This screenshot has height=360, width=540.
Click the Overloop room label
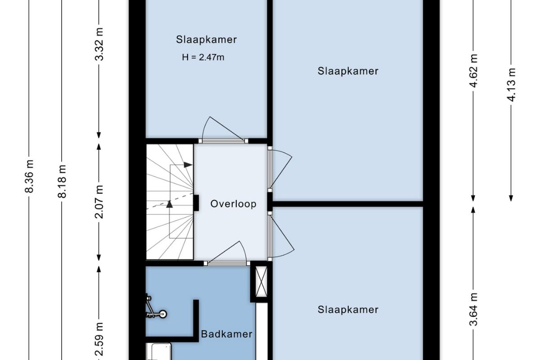click(233, 204)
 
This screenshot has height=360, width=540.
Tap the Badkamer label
click(227, 334)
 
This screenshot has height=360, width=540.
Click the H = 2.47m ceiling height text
click(203, 58)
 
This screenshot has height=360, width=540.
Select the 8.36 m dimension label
click(29, 176)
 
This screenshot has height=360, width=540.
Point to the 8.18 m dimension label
click(62, 181)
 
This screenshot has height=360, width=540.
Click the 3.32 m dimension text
click(99, 44)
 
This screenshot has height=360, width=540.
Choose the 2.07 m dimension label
click(99, 202)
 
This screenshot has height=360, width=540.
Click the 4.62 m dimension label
click(473, 71)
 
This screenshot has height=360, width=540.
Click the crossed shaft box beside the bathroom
click(261, 282)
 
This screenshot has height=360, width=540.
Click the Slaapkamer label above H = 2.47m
click(207, 40)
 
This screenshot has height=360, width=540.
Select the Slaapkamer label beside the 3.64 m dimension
click(348, 310)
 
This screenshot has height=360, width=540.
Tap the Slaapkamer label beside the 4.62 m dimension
click(348, 71)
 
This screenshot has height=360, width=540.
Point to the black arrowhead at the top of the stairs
click(188, 165)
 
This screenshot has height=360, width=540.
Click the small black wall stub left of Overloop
click(196, 203)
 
